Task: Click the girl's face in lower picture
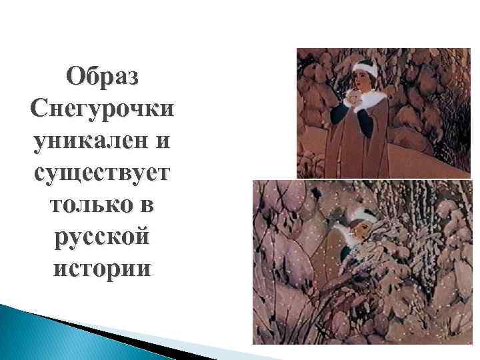352,236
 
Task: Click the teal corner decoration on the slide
53,333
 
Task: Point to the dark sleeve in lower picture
347,254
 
